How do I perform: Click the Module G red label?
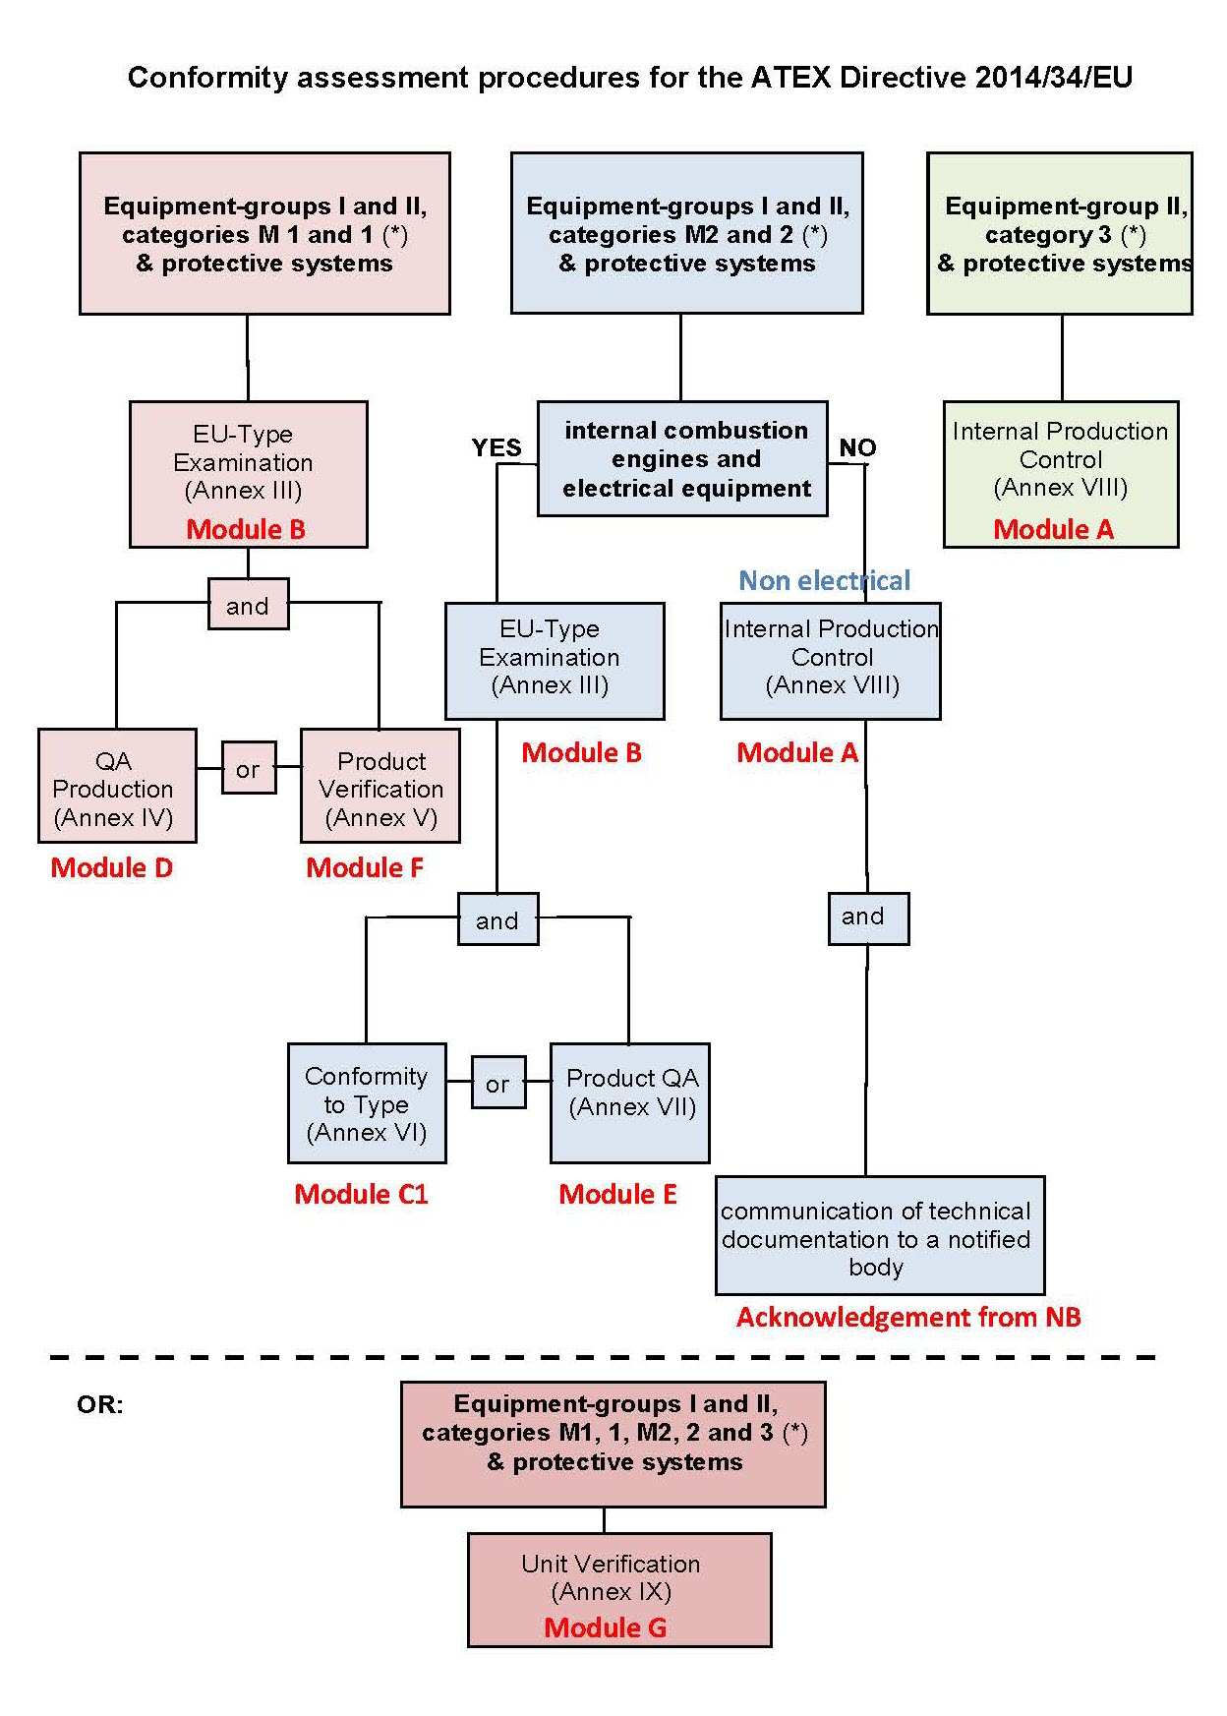pyautogui.click(x=605, y=1627)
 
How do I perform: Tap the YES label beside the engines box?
pyautogui.click(x=496, y=448)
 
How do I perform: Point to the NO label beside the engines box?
pyautogui.click(x=857, y=448)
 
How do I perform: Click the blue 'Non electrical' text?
pyautogui.click(x=824, y=581)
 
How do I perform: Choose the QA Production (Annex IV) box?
pyautogui.click(x=117, y=786)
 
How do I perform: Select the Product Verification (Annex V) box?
pyautogui.click(x=380, y=786)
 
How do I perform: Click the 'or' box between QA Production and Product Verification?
pyautogui.click(x=248, y=768)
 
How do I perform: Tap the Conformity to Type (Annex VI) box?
pyautogui.click(x=367, y=1103)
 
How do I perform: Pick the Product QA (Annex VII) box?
pyautogui.click(x=629, y=1103)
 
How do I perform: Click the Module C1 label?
pyautogui.click(x=361, y=1194)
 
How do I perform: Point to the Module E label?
pyautogui.click(x=617, y=1194)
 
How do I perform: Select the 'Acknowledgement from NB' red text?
pyautogui.click(x=907, y=1317)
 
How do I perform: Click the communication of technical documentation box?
pyautogui.click(x=879, y=1236)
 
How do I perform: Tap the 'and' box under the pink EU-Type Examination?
pyautogui.click(x=248, y=604)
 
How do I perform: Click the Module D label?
pyautogui.click(x=111, y=867)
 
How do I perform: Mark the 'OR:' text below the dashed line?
pyautogui.click(x=99, y=1404)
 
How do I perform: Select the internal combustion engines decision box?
pyautogui.click(x=682, y=458)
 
